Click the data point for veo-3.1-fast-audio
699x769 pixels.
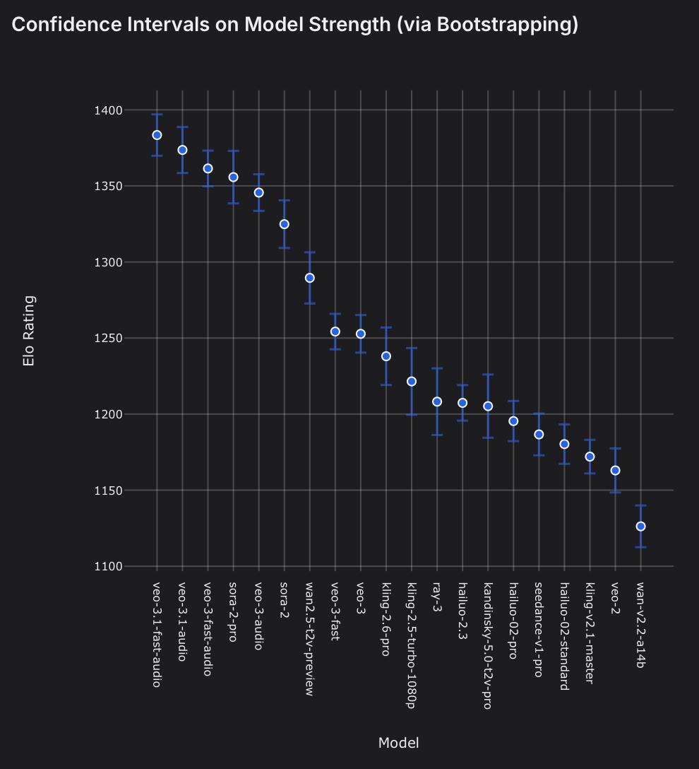click(x=157, y=135)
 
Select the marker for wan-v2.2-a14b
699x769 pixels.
click(x=640, y=527)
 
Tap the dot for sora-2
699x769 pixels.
click(x=284, y=224)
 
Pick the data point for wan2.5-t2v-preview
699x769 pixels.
click(x=309, y=278)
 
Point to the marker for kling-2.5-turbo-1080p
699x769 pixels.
click(x=412, y=382)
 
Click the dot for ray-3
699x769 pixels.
click(x=437, y=401)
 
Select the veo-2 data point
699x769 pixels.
click(x=615, y=470)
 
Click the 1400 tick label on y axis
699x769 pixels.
click(x=108, y=110)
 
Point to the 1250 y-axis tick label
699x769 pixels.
click(x=108, y=339)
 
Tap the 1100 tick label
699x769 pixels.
click(x=108, y=567)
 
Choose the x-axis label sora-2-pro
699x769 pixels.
click(x=233, y=611)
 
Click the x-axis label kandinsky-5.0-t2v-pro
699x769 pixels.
click(x=487, y=645)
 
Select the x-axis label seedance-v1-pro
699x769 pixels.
click(x=539, y=629)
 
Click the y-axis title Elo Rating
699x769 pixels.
click(x=29, y=331)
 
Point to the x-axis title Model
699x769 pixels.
click(x=398, y=743)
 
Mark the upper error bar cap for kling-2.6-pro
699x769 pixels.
click(x=386, y=327)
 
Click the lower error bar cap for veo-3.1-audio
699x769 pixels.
click(x=182, y=172)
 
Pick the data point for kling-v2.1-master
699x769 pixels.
click(x=590, y=457)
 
